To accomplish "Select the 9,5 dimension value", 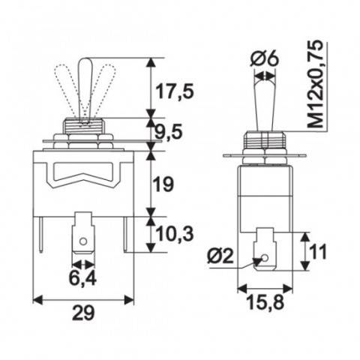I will (x=173, y=134).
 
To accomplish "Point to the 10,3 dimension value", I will (x=175, y=234).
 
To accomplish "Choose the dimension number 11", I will (x=319, y=252).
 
